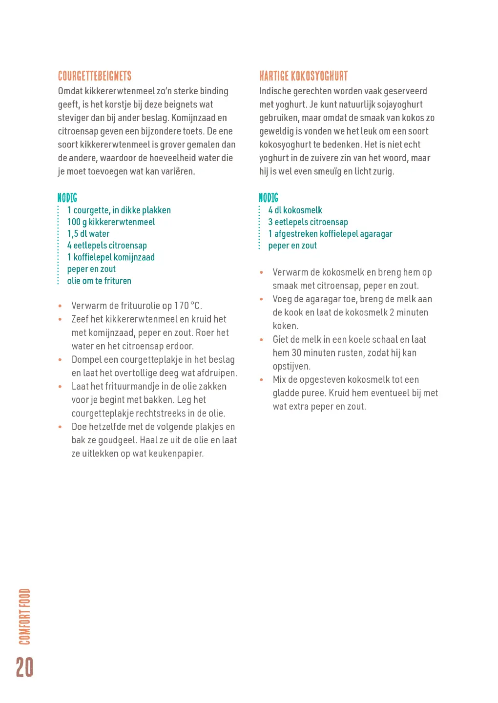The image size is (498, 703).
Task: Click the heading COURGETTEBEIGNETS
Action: [95, 76]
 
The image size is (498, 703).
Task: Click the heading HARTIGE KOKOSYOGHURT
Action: [303, 76]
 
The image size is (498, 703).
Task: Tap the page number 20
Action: [24, 667]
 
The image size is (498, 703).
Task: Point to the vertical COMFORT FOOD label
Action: [24, 616]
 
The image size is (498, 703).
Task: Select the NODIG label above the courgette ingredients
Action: [67, 198]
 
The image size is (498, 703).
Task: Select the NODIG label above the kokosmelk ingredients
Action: [269, 198]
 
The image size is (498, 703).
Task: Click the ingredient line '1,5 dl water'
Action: [88, 234]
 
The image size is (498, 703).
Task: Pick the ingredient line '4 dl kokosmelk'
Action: [295, 210]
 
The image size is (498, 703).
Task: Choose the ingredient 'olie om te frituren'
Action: [99, 281]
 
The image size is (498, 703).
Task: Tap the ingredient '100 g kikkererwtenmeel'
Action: [111, 222]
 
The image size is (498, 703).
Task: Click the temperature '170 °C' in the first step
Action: [187, 306]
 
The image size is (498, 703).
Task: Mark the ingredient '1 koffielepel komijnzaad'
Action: [111, 257]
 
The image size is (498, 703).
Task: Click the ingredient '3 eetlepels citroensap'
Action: [308, 222]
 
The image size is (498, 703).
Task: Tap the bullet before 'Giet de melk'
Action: [262, 339]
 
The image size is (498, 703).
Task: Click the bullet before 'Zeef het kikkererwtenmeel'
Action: [60, 319]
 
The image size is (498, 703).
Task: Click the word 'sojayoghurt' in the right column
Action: [398, 104]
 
